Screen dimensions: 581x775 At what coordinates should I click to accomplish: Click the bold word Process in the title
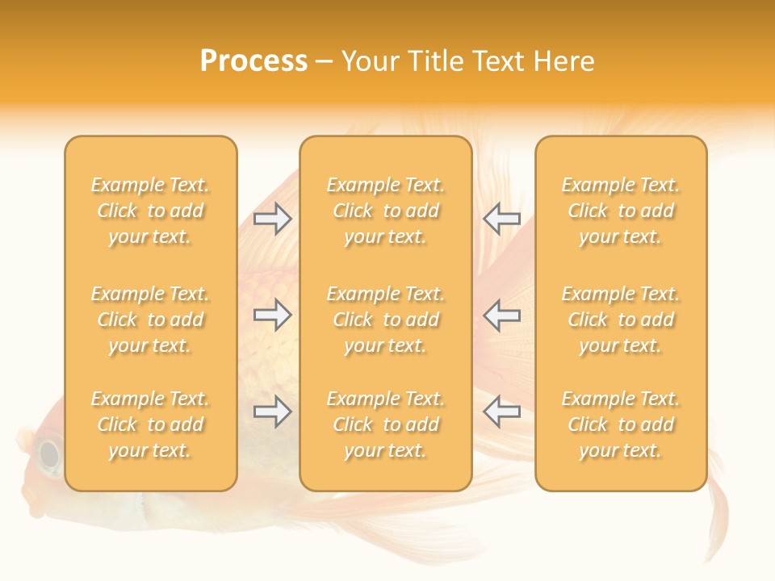(x=253, y=61)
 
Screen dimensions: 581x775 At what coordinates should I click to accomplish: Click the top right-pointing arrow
(x=273, y=218)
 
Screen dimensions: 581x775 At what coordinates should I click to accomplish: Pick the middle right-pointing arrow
(x=273, y=315)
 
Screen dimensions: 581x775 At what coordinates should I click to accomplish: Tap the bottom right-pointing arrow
(x=273, y=412)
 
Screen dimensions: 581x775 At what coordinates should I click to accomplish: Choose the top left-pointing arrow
(x=502, y=218)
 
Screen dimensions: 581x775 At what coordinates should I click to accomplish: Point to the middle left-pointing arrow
(x=502, y=315)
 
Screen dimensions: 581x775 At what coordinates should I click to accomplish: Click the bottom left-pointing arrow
(x=502, y=412)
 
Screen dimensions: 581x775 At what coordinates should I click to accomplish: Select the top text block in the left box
(x=150, y=211)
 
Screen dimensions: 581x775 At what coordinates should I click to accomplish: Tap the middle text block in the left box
(x=150, y=320)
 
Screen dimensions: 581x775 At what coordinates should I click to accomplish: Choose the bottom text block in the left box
(x=150, y=424)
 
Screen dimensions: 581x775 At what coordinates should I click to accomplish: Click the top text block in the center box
(x=385, y=211)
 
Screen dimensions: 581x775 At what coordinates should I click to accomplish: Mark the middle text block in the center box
(x=385, y=320)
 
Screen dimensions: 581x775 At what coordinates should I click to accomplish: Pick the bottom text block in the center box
(x=385, y=424)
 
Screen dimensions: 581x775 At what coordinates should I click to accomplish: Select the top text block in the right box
(x=621, y=211)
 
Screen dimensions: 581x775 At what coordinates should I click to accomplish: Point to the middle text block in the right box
(x=621, y=320)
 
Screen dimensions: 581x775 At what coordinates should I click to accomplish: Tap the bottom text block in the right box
(x=621, y=424)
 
